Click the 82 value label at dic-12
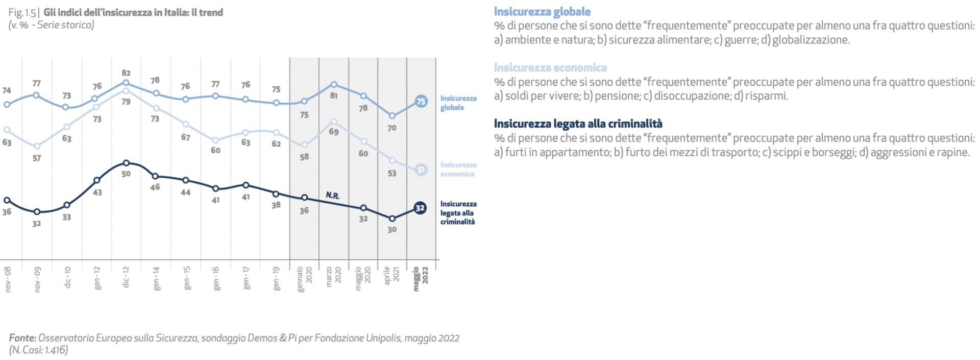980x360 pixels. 126,73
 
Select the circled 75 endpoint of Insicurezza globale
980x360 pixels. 421,102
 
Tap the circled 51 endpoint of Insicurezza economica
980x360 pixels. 421,170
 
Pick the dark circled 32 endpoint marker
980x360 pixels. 420,208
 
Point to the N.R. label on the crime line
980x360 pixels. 332,196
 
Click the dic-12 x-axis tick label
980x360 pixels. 126,277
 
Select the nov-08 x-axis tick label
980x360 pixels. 8,279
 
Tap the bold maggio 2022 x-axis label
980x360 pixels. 421,279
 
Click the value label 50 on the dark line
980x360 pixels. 126,174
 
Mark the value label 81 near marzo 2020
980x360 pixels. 333,95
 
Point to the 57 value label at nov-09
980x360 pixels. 37,158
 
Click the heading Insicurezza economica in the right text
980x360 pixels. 550,67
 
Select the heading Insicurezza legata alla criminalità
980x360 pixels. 578,124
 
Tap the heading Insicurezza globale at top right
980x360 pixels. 542,12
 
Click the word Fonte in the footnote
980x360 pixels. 22,338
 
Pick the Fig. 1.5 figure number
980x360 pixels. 22,12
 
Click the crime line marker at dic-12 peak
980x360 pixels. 126,163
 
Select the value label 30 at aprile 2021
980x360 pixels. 391,230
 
